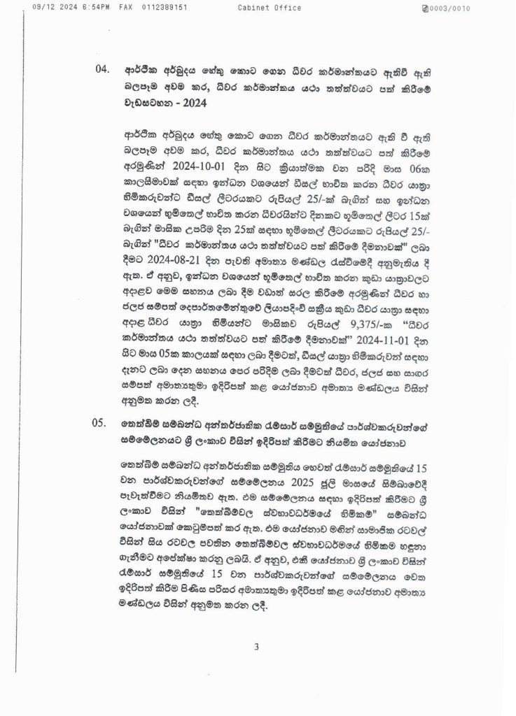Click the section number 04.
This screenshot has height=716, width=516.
[103, 70]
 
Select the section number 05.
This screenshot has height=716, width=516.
[103, 422]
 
